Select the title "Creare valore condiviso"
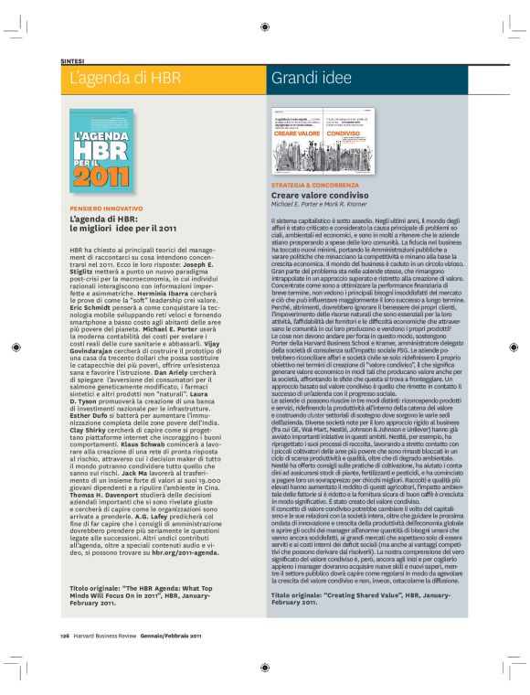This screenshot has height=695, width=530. [320, 196]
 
